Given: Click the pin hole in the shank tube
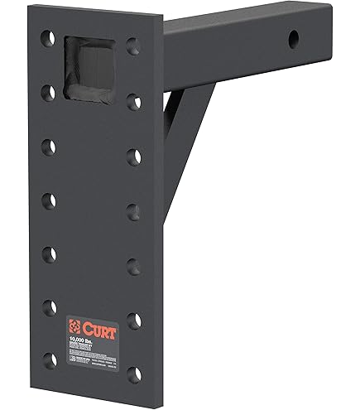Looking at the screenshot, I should tap(294, 39).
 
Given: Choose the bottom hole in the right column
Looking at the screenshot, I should tap(134, 374).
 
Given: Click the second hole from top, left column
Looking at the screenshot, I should tap(50, 92).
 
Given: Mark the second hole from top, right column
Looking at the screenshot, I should tap(132, 101).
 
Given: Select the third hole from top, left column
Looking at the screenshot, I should tap(50, 146).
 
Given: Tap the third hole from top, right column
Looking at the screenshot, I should tap(133, 156).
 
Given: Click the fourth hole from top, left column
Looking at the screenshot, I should tap(50, 200).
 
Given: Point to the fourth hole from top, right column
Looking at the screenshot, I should tap(133, 210).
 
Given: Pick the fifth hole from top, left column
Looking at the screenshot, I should tap(50, 253).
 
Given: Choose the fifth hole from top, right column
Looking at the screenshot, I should tap(133, 265).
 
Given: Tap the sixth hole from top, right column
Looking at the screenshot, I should tap(134, 320).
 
